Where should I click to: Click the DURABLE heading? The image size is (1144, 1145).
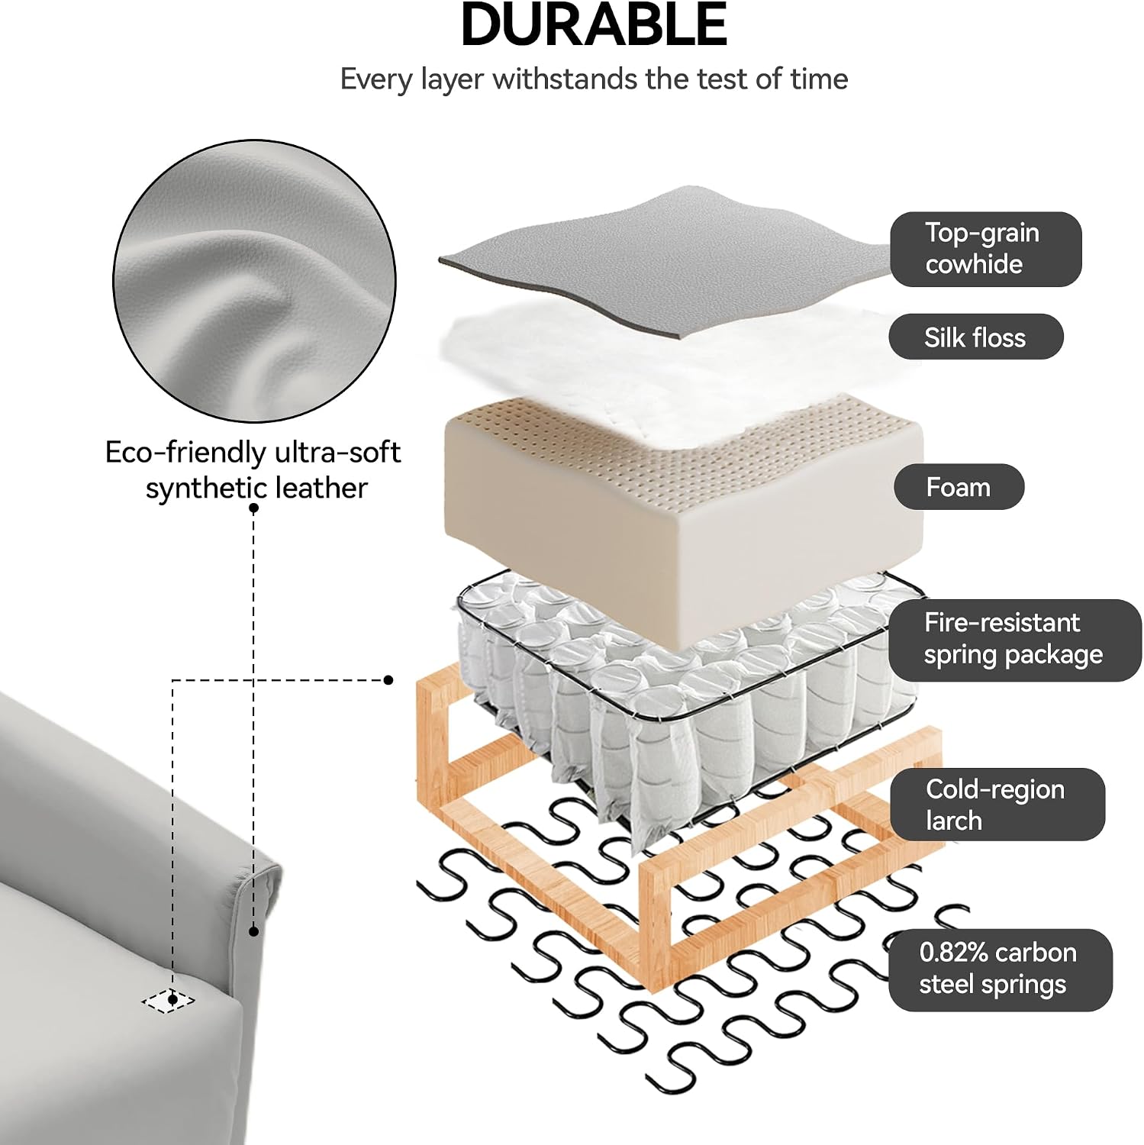point(594,24)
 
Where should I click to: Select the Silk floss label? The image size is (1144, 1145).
point(975,337)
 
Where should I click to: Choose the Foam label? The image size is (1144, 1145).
point(959,487)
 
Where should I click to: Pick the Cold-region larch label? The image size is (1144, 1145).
point(997,805)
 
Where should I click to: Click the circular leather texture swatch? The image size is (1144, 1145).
point(255,280)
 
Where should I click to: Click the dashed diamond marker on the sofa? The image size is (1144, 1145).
point(169,1000)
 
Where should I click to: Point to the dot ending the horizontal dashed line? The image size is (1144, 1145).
point(388,679)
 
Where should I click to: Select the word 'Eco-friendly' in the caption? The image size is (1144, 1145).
point(184,453)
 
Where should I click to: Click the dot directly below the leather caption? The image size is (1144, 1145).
point(253,508)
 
